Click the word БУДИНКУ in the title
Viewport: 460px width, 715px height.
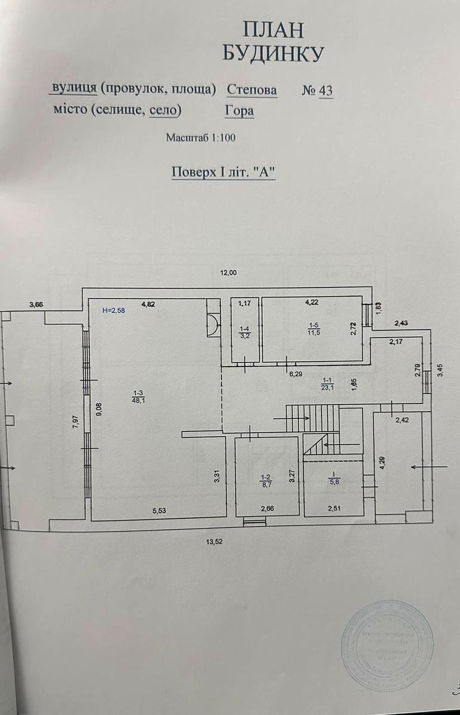[x=273, y=54]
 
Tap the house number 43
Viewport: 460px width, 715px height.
[x=325, y=90]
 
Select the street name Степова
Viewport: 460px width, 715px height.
[x=252, y=90]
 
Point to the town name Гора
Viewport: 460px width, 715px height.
[x=239, y=110]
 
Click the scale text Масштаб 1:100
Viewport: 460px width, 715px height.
[x=201, y=138]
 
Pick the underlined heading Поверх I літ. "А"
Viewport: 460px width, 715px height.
[x=224, y=172]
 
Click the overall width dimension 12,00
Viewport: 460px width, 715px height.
[x=229, y=273]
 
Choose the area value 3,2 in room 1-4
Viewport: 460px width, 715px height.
[x=245, y=335]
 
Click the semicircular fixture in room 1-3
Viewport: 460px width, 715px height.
[x=213, y=325]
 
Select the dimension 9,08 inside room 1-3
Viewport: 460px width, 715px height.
[x=99, y=411]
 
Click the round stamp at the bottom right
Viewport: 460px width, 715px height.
[x=387, y=644]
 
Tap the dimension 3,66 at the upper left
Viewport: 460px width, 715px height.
[x=37, y=304]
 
